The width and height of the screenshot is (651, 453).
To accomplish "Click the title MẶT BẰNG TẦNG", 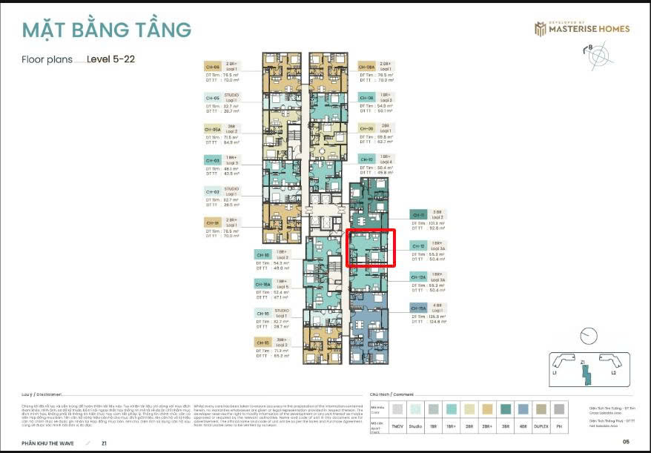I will tap(106, 30).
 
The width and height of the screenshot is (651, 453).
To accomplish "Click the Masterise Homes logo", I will tap(582, 29).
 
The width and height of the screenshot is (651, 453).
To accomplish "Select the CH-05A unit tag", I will tap(212, 129).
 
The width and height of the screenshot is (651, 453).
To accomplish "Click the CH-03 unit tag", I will tap(212, 160).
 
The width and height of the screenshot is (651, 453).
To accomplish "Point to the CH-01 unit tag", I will tap(212, 222).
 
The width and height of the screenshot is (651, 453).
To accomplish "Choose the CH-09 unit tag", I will tap(367, 128).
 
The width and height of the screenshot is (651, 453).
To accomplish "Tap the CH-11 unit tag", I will tap(418, 214).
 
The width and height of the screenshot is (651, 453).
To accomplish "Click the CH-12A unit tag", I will tap(418, 277).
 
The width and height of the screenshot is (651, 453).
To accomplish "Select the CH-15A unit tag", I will tap(418, 308).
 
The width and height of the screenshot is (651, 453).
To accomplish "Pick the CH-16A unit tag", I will tap(263, 283).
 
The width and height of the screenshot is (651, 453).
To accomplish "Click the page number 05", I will tap(625, 442).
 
